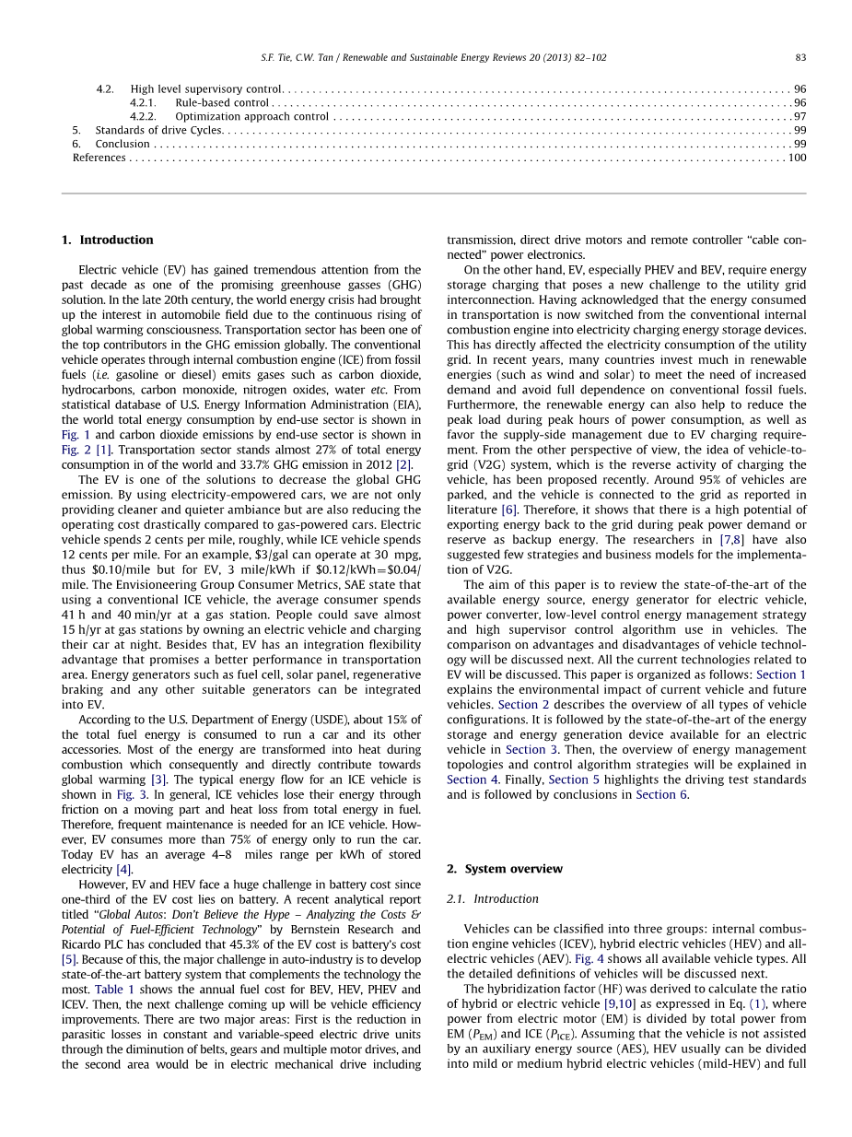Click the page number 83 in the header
pyautogui.click(x=800, y=57)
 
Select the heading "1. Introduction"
pyautogui.click(x=108, y=240)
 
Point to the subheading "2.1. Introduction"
pyautogui.click(x=493, y=898)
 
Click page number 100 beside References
pyautogui.click(x=797, y=158)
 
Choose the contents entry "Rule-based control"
pyautogui.click(x=222, y=102)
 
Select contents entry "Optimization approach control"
pyautogui.click(x=251, y=116)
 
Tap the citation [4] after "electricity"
pyautogui.click(x=124, y=869)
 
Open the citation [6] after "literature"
pyautogui.click(x=508, y=510)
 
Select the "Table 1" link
pyautogui.click(x=114, y=990)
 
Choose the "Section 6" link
pyautogui.click(x=661, y=794)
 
